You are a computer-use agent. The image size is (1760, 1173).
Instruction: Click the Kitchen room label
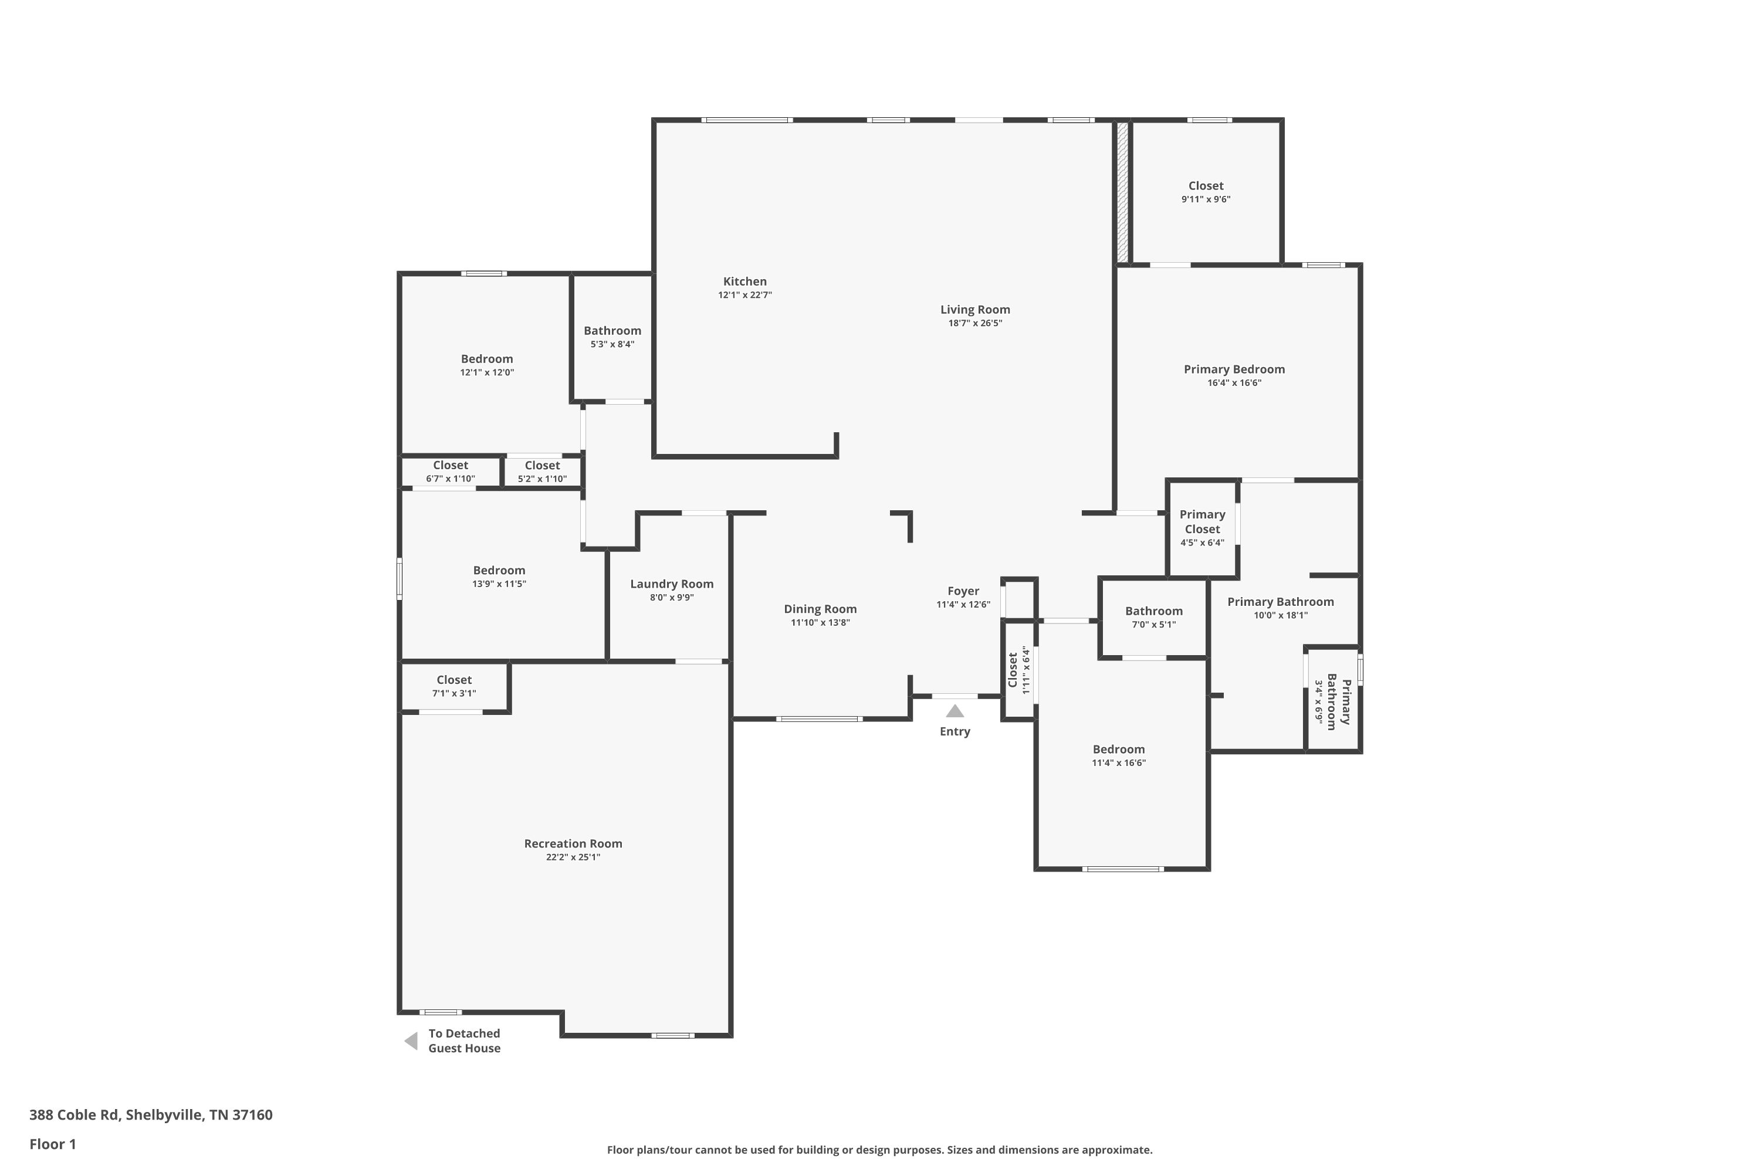(744, 282)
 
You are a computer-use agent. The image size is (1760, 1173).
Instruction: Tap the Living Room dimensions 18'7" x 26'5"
(975, 323)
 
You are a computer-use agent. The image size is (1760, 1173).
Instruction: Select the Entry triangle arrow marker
(955, 711)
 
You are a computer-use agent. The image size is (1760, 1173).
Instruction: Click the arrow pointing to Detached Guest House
(411, 1040)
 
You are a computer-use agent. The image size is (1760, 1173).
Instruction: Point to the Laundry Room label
(671, 584)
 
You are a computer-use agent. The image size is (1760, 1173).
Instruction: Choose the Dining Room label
(820, 609)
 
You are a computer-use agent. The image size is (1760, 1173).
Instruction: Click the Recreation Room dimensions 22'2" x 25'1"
(573, 857)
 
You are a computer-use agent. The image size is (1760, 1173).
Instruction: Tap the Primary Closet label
(1203, 521)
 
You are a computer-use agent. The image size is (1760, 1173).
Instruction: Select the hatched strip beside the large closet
(1122, 192)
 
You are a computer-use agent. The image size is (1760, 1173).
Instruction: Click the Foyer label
(963, 591)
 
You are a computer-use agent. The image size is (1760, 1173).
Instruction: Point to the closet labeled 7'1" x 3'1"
(454, 686)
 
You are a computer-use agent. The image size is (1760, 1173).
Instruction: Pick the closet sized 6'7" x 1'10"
(451, 472)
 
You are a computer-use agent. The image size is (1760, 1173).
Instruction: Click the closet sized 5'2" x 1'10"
(543, 472)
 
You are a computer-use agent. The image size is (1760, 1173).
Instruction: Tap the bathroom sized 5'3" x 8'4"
(612, 337)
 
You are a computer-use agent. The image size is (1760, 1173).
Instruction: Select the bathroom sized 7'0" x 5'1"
(1154, 617)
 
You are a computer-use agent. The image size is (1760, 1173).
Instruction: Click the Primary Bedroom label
(1234, 369)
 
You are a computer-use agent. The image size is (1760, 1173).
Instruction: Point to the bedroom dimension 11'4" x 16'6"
(1119, 763)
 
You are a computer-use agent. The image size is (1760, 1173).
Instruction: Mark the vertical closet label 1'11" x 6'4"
(1026, 670)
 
